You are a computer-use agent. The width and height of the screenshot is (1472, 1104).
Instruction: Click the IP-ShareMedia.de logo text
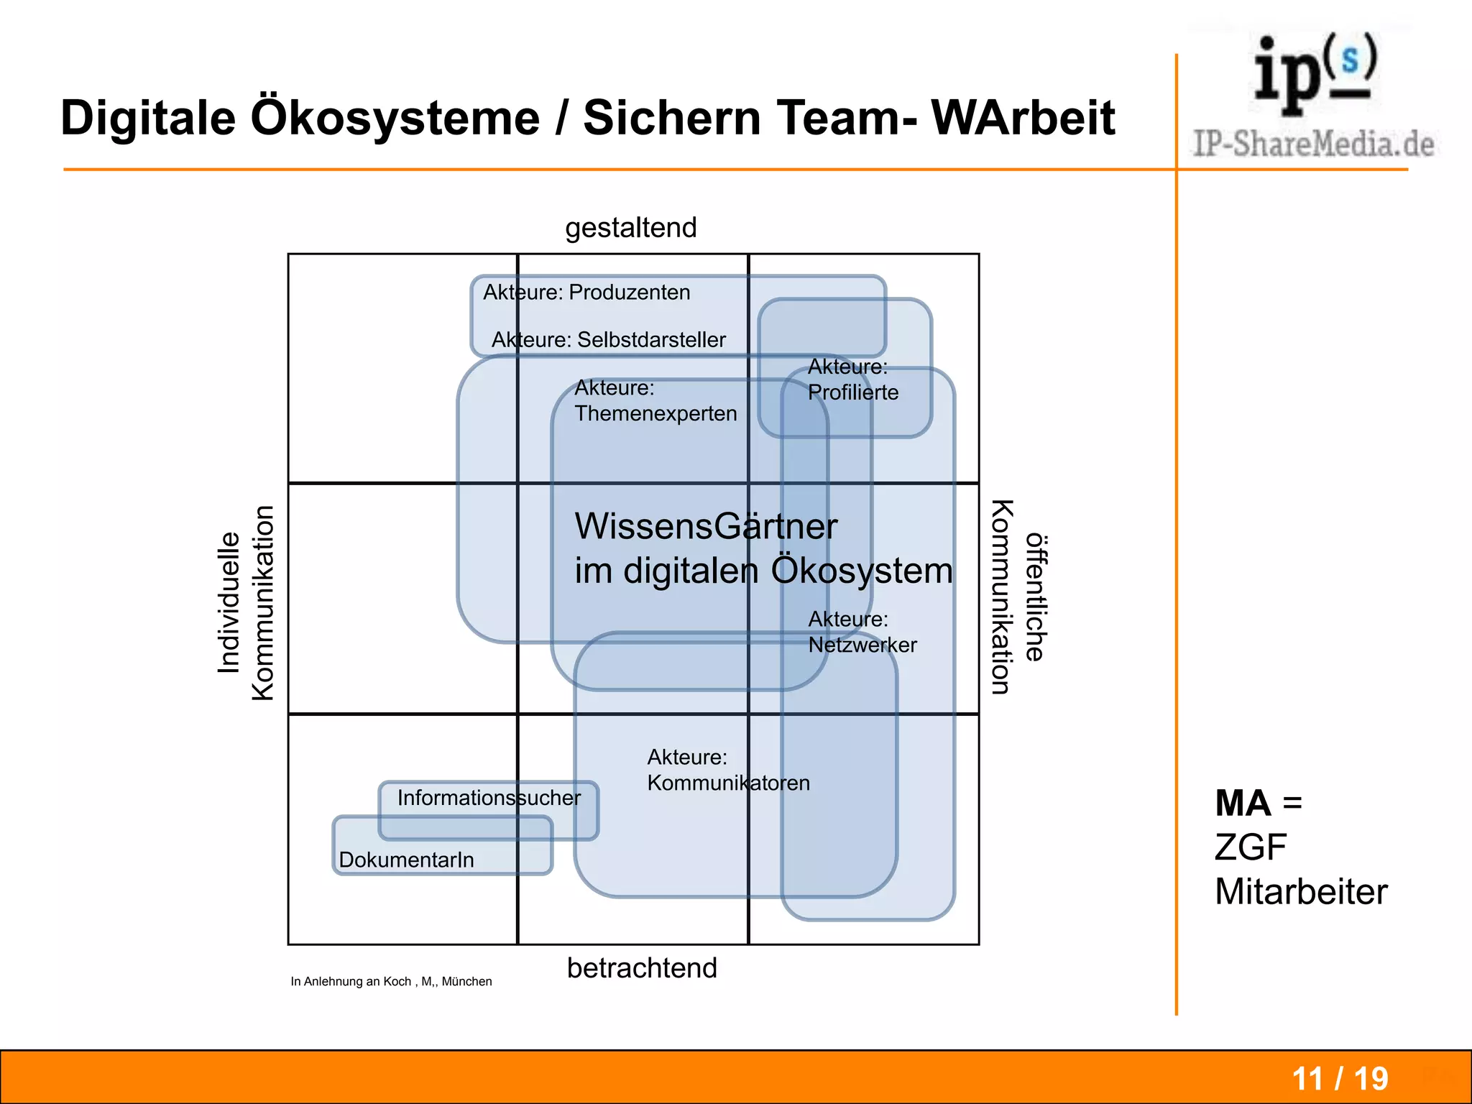(1313, 144)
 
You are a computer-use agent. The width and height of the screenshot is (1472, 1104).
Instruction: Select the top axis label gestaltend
(630, 228)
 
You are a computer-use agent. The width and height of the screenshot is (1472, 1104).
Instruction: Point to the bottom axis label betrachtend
(642, 968)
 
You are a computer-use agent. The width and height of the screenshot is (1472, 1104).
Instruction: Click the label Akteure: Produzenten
(586, 293)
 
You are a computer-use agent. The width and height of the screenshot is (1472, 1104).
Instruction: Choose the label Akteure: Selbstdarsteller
(608, 339)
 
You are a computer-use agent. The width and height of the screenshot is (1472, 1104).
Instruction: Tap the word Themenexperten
(655, 413)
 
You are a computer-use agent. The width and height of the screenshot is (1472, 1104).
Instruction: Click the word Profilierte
(853, 392)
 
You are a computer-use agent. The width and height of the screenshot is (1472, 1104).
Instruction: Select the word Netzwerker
(862, 645)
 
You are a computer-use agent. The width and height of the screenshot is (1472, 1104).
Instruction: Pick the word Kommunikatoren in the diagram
(728, 783)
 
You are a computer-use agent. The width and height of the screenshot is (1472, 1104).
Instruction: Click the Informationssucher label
(489, 798)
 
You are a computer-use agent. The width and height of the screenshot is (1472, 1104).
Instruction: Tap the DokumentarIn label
(406, 860)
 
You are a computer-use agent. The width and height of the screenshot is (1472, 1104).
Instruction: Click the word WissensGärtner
(706, 526)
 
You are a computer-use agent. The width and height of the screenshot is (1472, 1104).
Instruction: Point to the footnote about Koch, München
(391, 982)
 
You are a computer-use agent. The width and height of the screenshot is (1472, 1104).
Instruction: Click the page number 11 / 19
(1340, 1079)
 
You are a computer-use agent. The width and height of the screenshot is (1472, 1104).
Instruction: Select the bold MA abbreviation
(1243, 803)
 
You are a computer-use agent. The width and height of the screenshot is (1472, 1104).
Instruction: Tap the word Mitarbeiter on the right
(1301, 892)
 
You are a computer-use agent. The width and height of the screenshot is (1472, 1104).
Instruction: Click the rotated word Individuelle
(229, 602)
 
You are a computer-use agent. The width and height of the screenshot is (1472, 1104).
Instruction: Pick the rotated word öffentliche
(1036, 597)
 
